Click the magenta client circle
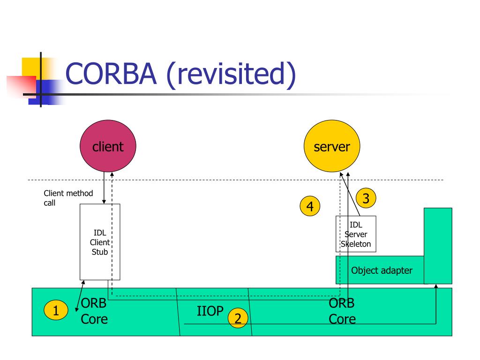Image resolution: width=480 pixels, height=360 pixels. pyautogui.click(x=108, y=146)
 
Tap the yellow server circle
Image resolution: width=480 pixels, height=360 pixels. pyautogui.click(x=332, y=146)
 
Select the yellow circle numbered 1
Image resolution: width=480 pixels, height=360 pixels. pyautogui.click(x=56, y=310)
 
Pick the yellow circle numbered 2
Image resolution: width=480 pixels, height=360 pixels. pyautogui.click(x=238, y=318)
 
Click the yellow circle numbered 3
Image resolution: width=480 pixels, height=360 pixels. pyautogui.click(x=366, y=198)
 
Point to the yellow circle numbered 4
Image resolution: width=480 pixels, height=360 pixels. pyautogui.click(x=310, y=206)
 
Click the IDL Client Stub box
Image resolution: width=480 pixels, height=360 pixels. pyautogui.click(x=100, y=242)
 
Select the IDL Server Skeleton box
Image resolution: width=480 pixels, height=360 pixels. pyautogui.click(x=356, y=234)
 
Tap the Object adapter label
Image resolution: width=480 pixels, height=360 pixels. pyautogui.click(x=382, y=270)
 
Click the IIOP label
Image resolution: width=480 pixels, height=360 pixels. pyautogui.click(x=210, y=311)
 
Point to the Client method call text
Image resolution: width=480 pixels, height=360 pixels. pyautogui.click(x=68, y=198)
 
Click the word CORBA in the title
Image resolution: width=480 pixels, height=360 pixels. pyautogui.click(x=111, y=74)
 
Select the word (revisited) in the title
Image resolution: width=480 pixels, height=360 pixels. pyautogui.click(x=231, y=75)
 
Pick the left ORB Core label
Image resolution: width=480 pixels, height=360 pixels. pyautogui.click(x=94, y=311)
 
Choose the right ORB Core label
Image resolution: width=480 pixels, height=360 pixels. pyautogui.click(x=342, y=311)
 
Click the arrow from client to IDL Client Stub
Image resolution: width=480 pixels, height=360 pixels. pyautogui.click(x=104, y=187)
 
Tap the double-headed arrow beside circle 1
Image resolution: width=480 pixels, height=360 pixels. pyautogui.click(x=80, y=296)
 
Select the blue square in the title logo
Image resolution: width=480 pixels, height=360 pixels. pyautogui.click(x=46, y=92)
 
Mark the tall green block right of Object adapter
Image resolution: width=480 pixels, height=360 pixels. pyautogui.click(x=438, y=246)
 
